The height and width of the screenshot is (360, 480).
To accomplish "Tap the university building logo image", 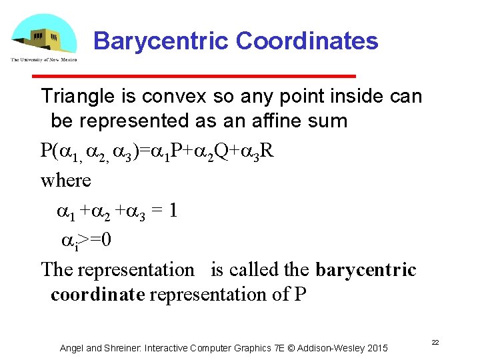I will tap(43, 39).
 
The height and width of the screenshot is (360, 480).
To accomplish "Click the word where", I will tap(65, 180).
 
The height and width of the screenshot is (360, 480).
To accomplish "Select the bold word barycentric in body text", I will tap(365, 270).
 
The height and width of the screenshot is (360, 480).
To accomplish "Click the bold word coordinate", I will tap(97, 295).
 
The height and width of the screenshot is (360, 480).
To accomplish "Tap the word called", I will tap(254, 270).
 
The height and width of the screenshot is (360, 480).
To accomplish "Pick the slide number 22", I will tap(434, 342).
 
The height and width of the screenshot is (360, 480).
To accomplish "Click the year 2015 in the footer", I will tap(376, 348).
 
